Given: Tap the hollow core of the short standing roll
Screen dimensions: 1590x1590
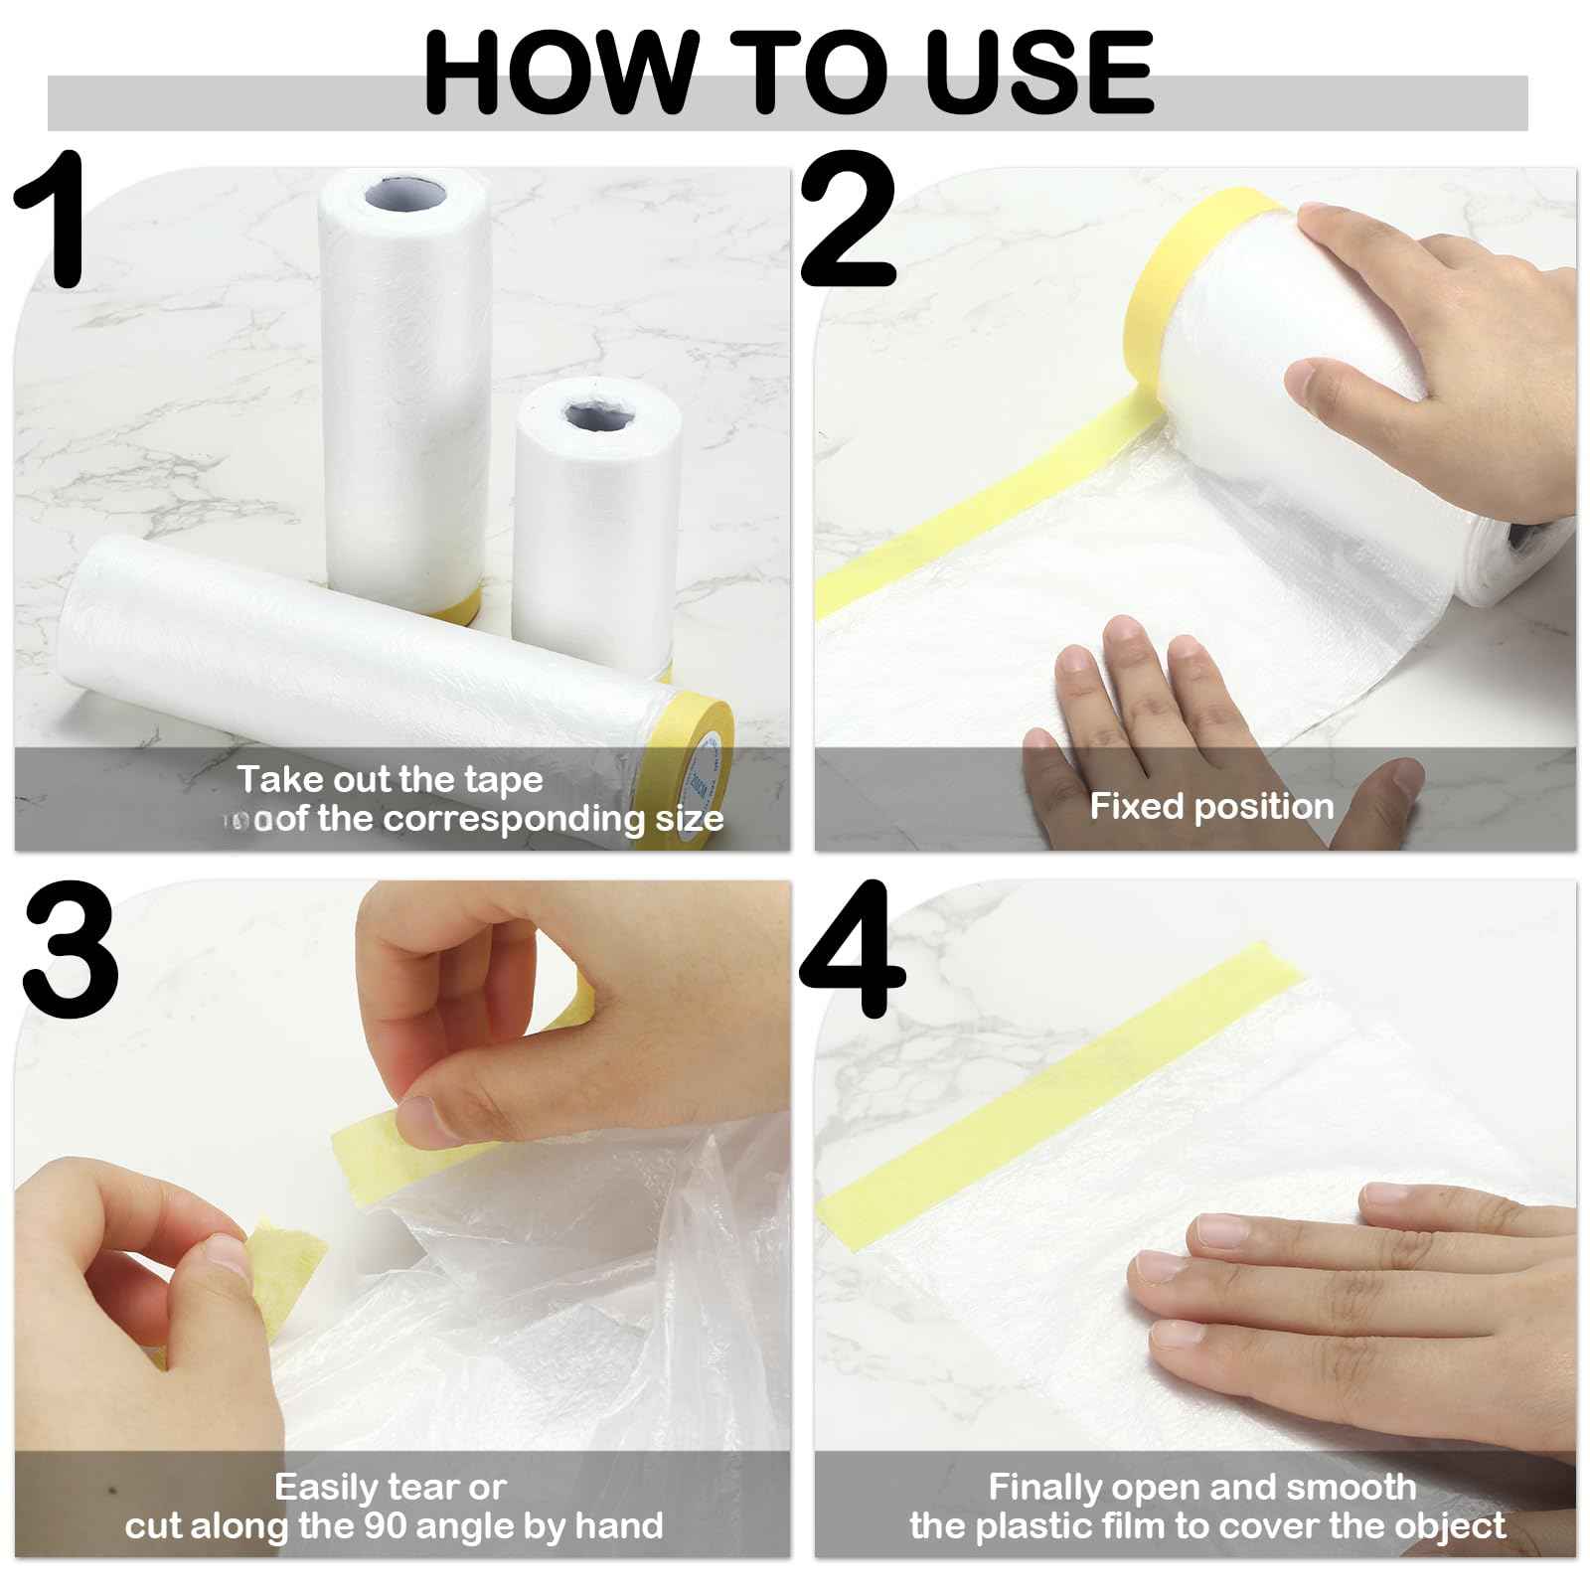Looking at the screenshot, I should coord(597,415).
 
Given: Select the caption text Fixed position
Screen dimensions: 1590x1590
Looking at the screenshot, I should coord(1211,806).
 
